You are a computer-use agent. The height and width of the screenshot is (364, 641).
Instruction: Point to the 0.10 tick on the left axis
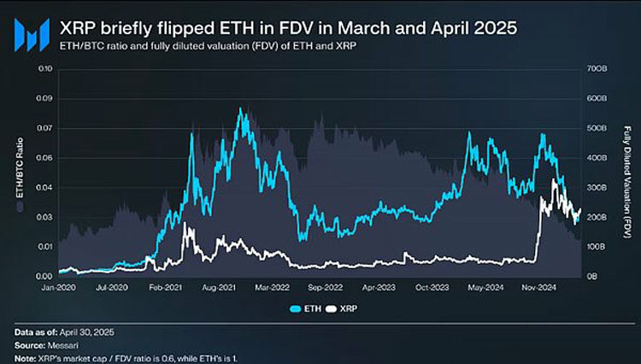click(41, 68)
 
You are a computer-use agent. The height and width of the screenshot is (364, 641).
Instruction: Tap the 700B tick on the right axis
click(596, 68)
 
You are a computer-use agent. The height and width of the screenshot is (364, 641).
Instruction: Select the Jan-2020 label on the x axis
click(60, 289)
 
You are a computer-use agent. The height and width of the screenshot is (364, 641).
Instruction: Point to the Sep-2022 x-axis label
click(326, 289)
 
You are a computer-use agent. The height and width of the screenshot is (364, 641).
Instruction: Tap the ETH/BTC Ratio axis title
click(19, 171)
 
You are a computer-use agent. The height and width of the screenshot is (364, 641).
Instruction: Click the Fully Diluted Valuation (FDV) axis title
click(626, 171)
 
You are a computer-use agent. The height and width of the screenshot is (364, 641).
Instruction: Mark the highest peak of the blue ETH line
click(240, 109)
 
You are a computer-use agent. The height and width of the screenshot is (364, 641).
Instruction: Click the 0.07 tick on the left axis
click(41, 128)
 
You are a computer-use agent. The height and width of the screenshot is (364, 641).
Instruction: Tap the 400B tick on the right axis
click(596, 158)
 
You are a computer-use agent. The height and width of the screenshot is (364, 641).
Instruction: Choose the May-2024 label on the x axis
click(483, 289)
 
